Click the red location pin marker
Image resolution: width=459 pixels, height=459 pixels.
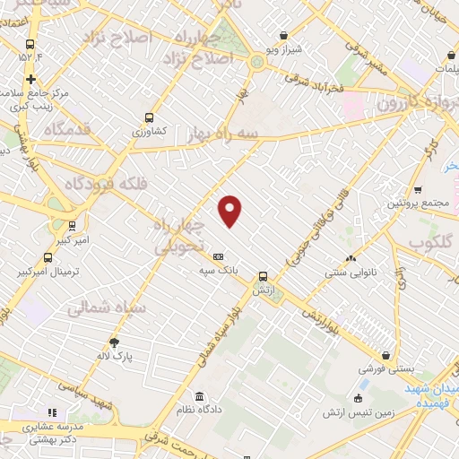[230, 210]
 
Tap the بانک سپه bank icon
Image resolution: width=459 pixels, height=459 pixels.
[218, 255]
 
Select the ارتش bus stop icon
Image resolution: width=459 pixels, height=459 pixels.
[263, 276]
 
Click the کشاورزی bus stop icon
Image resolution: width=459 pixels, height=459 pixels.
[149, 117]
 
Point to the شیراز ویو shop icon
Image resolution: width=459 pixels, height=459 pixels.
[284, 35]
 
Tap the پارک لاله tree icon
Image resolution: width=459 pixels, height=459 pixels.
[114, 342]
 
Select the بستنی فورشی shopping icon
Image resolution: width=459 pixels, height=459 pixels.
[385, 355]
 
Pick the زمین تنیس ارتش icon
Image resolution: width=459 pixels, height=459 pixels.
[359, 398]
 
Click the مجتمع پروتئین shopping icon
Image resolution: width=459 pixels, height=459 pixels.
[417, 189]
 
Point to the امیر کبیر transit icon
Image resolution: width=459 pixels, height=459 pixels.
[72, 226]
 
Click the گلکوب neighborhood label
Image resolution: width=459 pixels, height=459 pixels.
[431, 243]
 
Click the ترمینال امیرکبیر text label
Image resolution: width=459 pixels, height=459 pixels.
[50, 271]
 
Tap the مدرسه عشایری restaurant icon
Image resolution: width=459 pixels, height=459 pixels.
[52, 411]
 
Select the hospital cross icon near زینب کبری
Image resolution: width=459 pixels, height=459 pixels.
[30, 78]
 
